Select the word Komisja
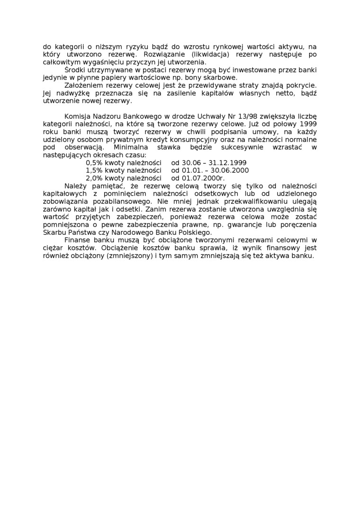(x=77, y=116)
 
